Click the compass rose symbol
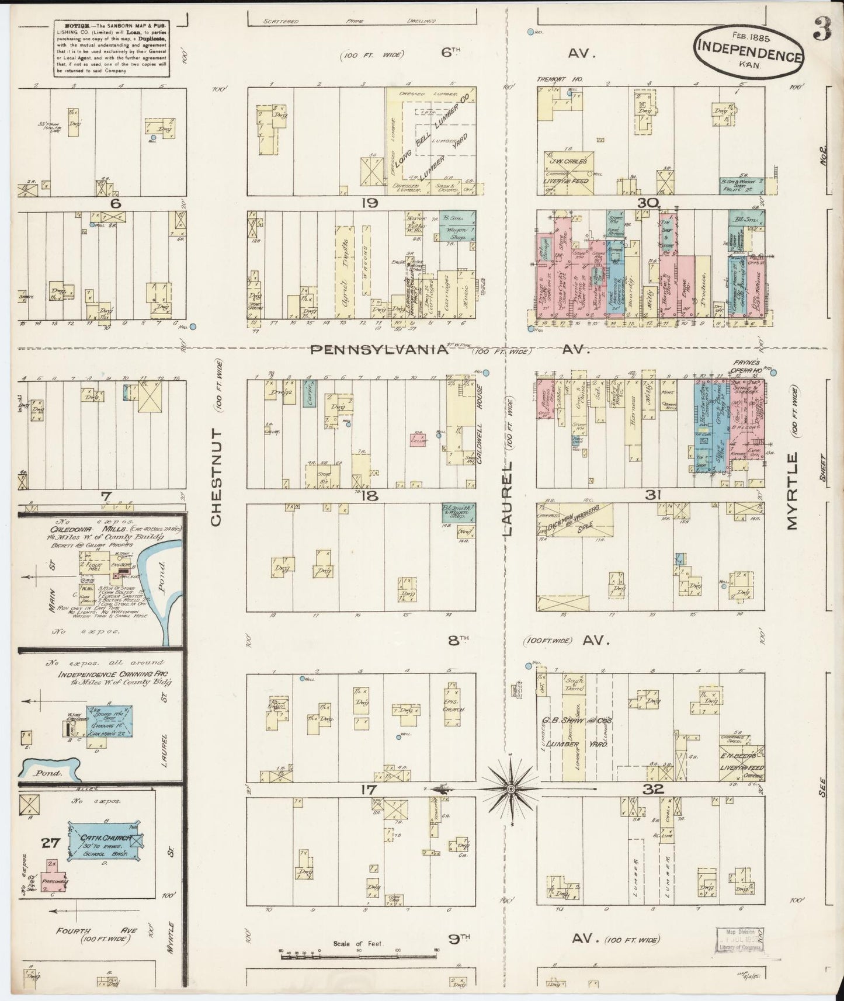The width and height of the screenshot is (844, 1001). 510,789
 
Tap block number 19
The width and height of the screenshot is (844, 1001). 369,203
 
